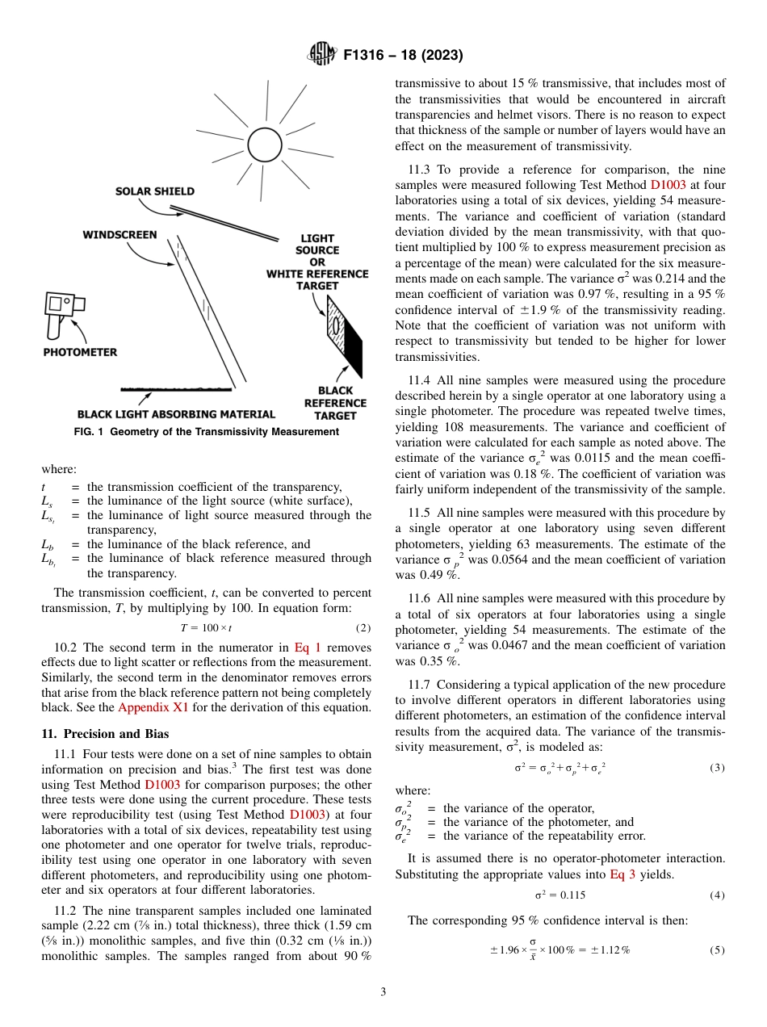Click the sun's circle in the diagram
pos(263,145)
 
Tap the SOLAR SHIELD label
pos(155,191)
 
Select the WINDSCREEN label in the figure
pos(119,235)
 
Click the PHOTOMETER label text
pos(80,352)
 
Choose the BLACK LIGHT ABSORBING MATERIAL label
pos(176,414)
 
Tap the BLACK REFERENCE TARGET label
pos(335,402)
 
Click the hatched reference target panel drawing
pos(339,327)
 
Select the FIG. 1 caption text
pos(206,432)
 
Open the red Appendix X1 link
pos(153,708)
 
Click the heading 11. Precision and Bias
pos(105,734)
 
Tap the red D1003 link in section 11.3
pos(669,184)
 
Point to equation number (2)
pos(363,627)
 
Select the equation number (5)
pos(717,949)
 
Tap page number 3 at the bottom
pos(383,992)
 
